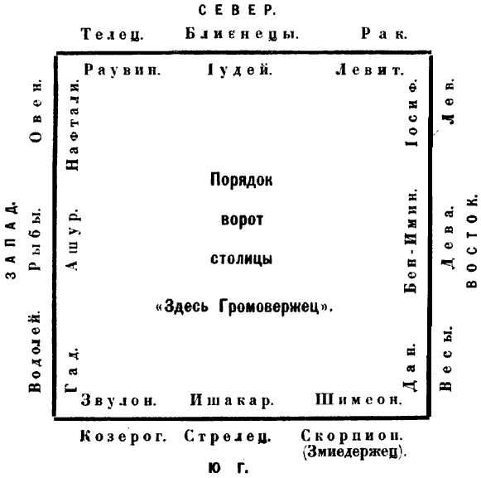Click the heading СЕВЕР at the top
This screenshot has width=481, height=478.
(237, 11)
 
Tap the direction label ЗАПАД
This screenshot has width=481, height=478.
(11, 240)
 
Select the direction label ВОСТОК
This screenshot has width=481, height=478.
(472, 241)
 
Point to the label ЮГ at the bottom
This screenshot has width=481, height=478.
(228, 468)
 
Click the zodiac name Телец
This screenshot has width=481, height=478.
(112, 34)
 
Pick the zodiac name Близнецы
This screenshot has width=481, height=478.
(242, 34)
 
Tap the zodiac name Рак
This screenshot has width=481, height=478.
(384, 33)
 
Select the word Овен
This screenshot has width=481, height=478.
(36, 112)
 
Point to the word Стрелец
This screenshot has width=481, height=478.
(228, 437)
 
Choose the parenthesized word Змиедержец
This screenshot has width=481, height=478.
(354, 451)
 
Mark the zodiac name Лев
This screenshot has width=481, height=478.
(448, 102)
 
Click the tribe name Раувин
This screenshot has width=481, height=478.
(122, 70)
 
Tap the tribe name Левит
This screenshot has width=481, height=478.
(369, 70)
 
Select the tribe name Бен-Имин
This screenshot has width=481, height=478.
(411, 241)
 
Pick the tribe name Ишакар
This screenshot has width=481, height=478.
(232, 400)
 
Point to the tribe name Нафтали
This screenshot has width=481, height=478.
(73, 125)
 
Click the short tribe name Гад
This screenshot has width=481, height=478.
(71, 370)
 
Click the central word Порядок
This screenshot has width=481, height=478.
(241, 180)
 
